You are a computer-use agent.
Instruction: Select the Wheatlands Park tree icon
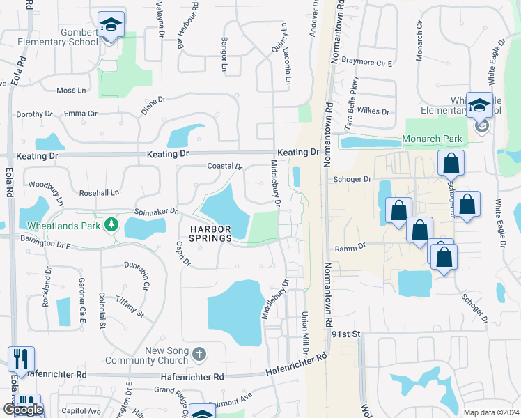110,224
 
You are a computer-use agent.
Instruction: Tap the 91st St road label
345,334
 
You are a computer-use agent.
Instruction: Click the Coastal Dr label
224,167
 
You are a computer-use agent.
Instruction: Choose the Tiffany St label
130,304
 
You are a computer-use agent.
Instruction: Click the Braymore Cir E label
371,63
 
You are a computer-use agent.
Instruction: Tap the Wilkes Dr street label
374,111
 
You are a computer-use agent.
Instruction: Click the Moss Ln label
71,91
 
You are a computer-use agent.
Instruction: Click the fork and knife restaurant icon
21,359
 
